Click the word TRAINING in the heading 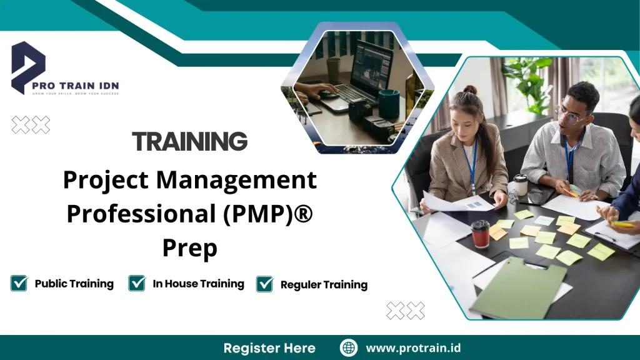[x=189, y=142]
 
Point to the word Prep [x=189, y=247]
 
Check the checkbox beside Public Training [x=19, y=284]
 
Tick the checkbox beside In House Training [x=137, y=284]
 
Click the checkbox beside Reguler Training [x=265, y=284]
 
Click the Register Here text [x=269, y=348]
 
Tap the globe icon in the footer [x=349, y=348]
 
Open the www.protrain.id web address [x=413, y=348]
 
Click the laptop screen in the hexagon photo [x=371, y=67]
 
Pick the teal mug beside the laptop [x=389, y=103]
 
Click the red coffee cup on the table [x=480, y=234]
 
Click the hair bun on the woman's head [x=471, y=90]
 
